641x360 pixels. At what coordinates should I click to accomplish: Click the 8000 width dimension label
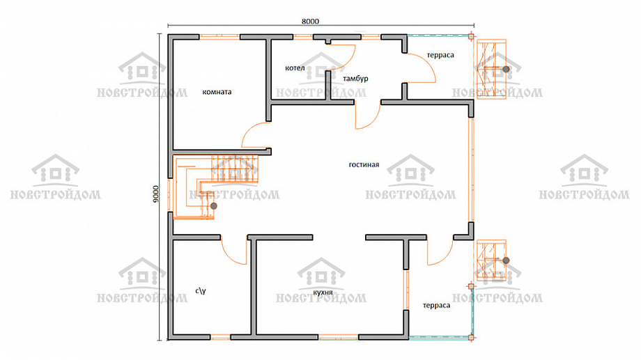tap(310, 22)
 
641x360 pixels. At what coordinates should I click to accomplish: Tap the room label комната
tap(217, 92)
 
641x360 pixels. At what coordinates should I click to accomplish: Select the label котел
tap(295, 68)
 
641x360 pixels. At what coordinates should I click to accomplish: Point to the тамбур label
tap(355, 79)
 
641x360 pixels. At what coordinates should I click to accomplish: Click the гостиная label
tap(364, 164)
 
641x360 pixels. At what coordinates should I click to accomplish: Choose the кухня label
tap(323, 292)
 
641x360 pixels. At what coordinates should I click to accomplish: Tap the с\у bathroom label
tap(201, 290)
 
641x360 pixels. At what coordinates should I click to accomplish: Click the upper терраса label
tap(440, 55)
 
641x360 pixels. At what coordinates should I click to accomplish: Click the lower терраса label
tap(436, 305)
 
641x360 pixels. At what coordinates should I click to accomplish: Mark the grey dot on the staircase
tap(213, 206)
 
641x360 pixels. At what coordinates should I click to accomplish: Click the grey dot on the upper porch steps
tap(506, 70)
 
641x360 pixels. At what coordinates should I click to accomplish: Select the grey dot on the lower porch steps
tap(506, 260)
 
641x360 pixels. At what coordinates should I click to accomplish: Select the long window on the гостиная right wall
tap(472, 170)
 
